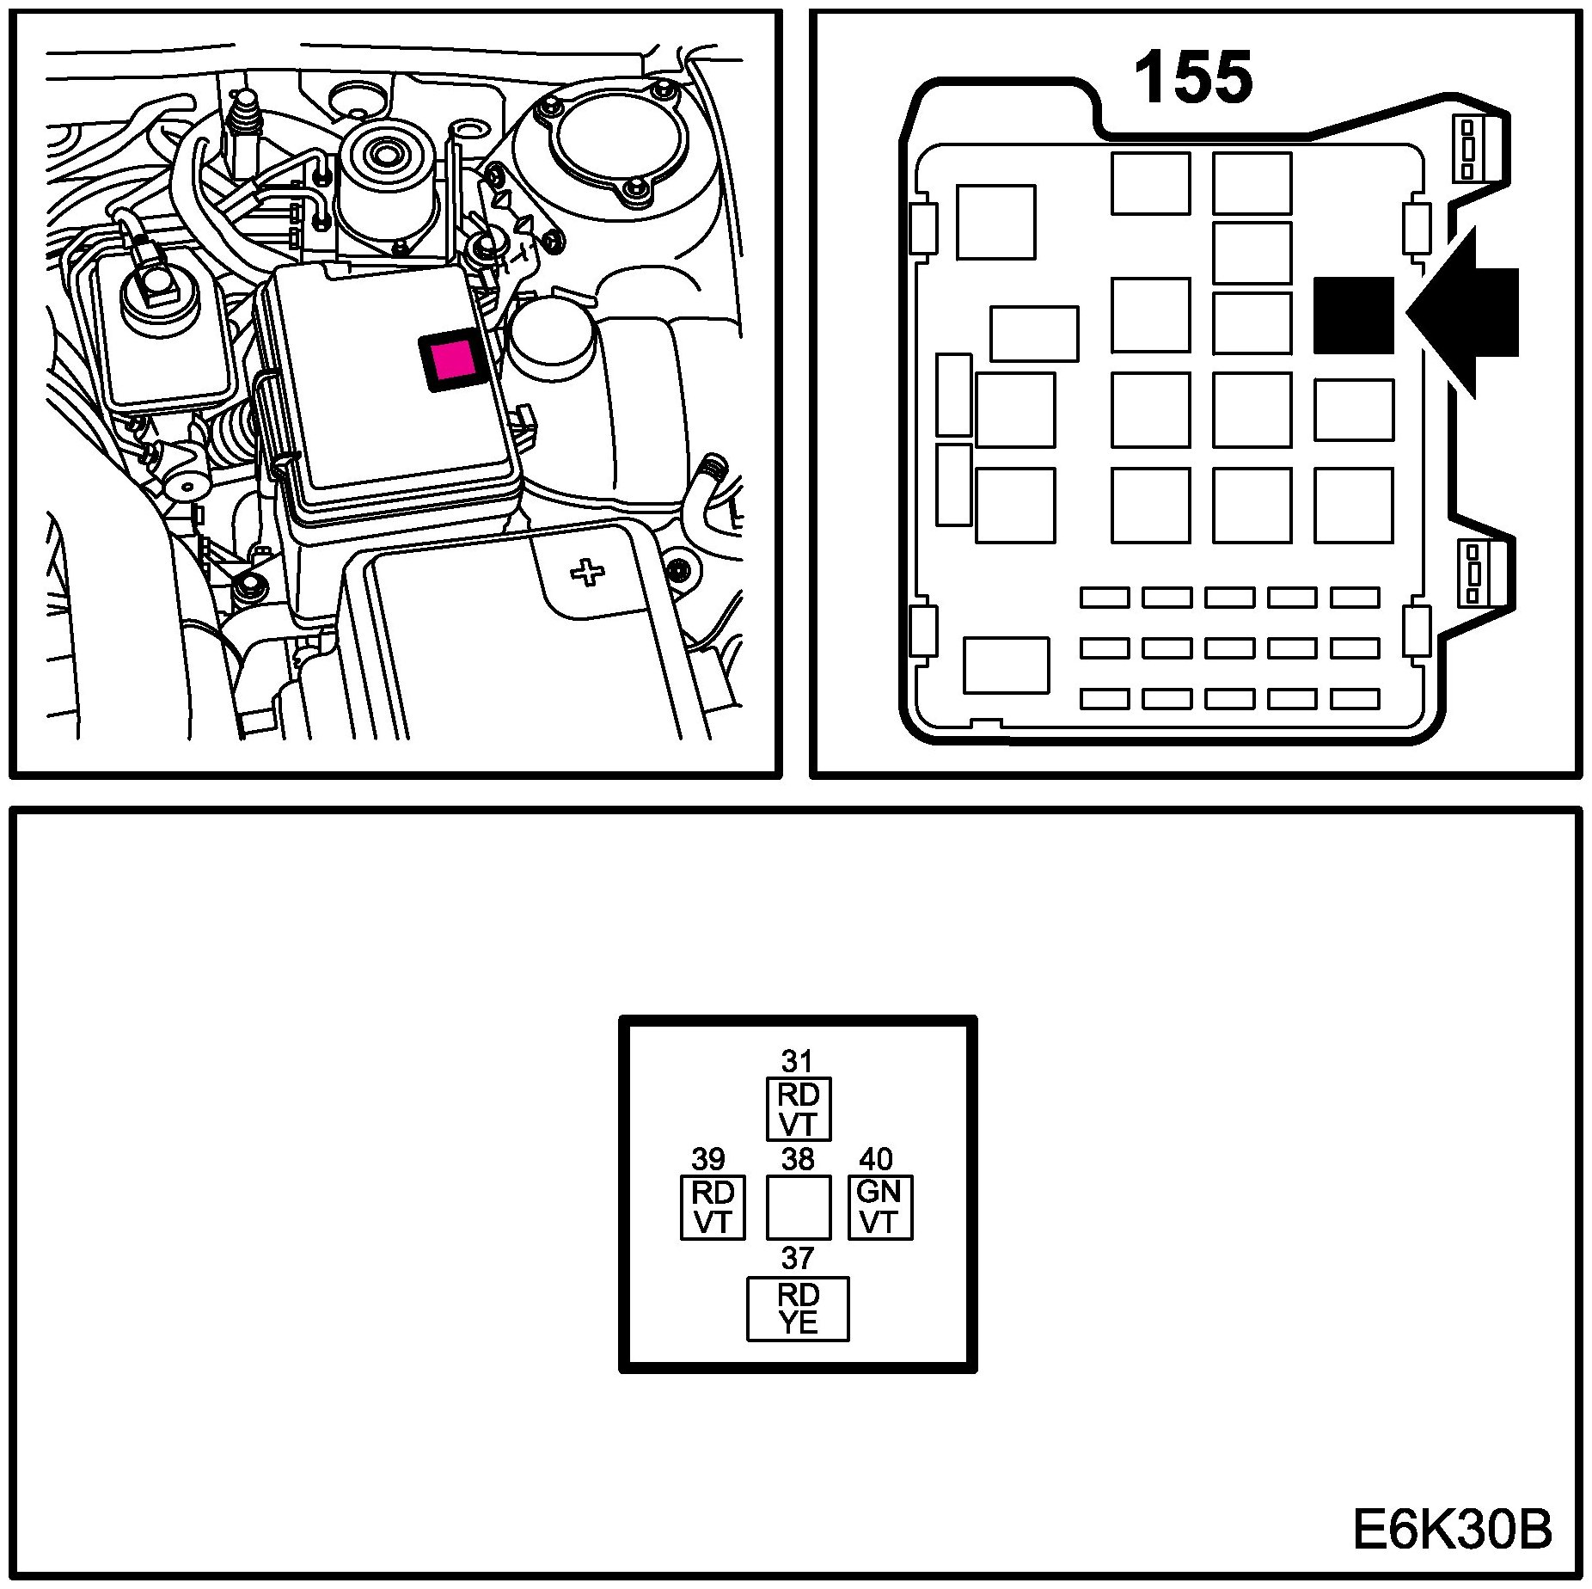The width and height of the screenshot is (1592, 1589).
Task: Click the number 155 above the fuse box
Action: point(1193,79)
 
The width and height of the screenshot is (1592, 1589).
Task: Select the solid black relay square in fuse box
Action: point(1353,315)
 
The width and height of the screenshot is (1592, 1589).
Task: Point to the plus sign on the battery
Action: point(587,572)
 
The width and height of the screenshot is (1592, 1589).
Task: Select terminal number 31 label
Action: point(797,1061)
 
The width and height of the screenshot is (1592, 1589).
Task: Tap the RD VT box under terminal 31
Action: point(799,1109)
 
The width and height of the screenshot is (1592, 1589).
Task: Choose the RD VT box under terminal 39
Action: point(712,1207)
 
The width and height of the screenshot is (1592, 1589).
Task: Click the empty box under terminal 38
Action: point(798,1207)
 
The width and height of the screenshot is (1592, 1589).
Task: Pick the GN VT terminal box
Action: point(879,1207)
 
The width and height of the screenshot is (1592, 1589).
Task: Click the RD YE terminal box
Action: point(798,1308)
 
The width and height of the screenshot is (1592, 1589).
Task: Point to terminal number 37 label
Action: point(797,1258)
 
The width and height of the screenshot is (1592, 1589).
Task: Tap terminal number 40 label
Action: point(876,1159)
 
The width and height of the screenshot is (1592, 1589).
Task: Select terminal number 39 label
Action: point(708,1159)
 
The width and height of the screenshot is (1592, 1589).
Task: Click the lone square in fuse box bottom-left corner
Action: point(1006,665)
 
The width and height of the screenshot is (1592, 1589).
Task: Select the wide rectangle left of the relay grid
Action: point(1033,334)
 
